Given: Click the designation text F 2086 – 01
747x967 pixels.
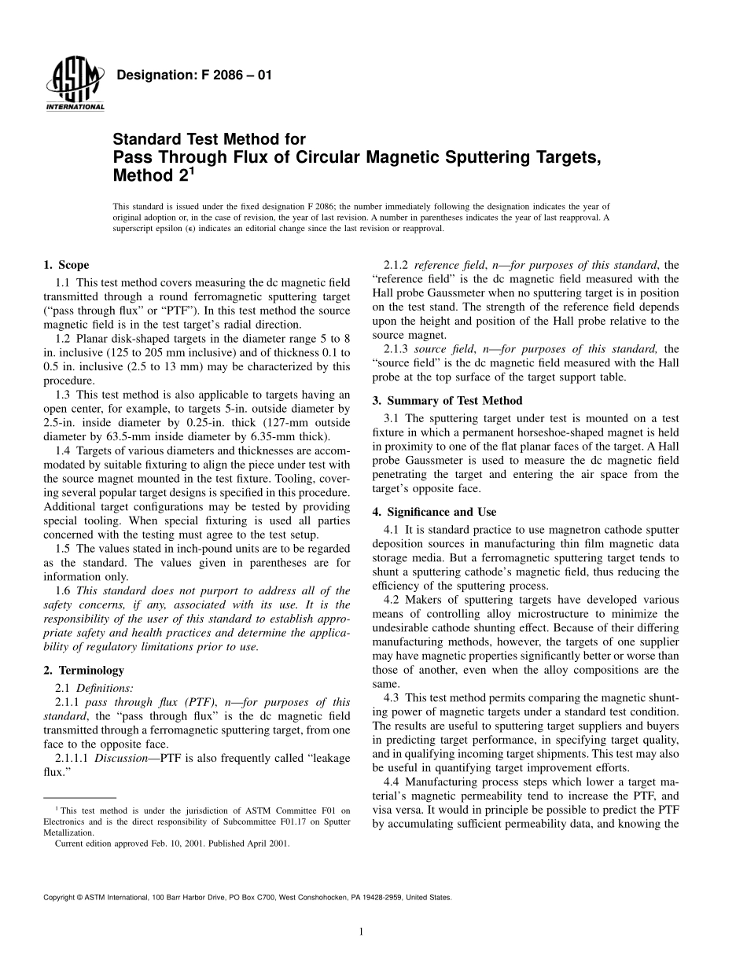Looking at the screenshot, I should coord(193,75).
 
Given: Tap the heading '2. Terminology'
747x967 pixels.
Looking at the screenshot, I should coord(83,671).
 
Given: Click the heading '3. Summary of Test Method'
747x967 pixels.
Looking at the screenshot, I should coord(447,400).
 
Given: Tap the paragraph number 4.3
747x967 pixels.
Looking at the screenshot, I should coord(392,697).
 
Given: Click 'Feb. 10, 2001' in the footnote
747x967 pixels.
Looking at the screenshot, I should coord(180,844).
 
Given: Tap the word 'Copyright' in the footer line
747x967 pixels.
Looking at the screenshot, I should coord(61,897).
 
